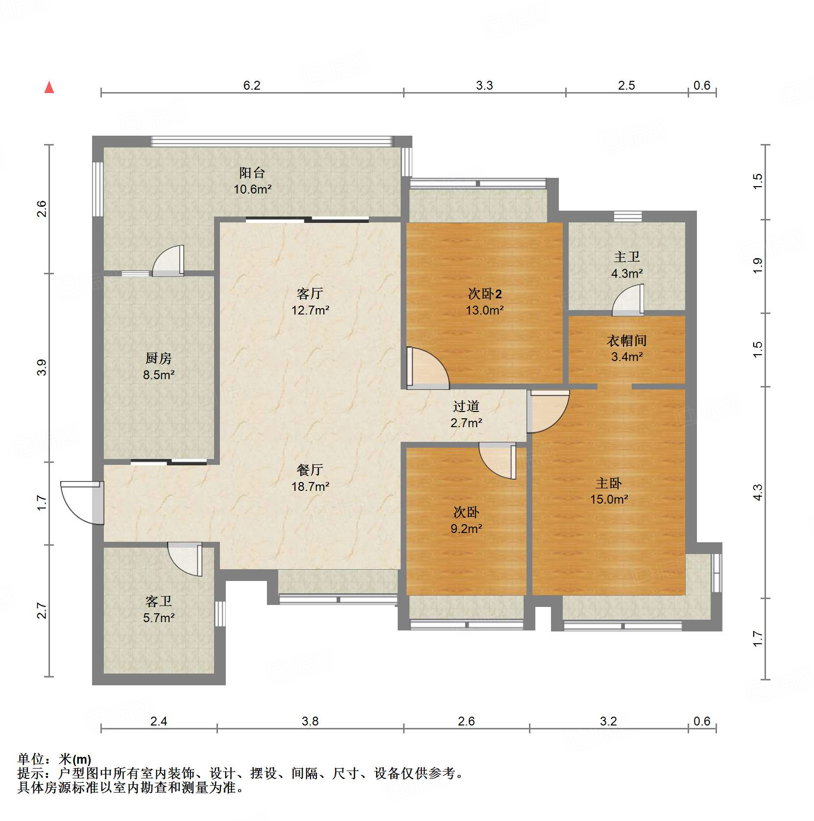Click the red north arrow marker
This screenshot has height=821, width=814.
click(49, 87)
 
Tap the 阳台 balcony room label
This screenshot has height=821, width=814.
click(252, 172)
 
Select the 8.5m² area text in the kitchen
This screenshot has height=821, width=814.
click(159, 375)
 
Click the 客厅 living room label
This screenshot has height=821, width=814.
click(310, 293)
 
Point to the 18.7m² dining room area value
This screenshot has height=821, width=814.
click(310, 486)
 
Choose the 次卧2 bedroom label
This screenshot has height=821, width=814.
click(485, 294)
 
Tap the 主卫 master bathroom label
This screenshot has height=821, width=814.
click(627, 257)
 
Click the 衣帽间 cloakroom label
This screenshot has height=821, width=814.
click(627, 340)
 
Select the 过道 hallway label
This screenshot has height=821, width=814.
click(466, 406)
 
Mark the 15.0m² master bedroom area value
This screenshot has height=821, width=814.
click(609, 499)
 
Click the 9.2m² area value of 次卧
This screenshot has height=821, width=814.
click(466, 529)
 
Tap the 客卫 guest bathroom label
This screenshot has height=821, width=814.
click(159, 601)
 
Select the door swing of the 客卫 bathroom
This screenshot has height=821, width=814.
click(185, 559)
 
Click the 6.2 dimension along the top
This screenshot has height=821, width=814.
click(252, 86)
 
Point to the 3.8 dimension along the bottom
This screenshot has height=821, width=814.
click(310, 722)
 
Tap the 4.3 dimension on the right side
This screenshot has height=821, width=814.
click(757, 492)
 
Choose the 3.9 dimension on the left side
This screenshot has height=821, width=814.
click(42, 367)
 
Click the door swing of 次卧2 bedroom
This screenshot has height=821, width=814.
click(428, 368)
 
